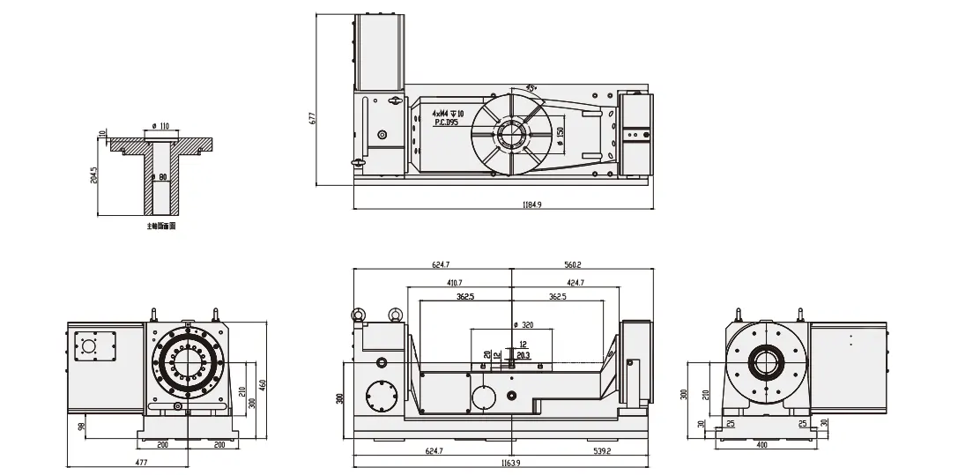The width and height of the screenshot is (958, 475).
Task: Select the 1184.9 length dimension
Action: pos(531,204)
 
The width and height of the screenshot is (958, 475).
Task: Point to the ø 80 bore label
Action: pos(160,177)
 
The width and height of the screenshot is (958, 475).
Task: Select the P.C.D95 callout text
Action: pos(446,122)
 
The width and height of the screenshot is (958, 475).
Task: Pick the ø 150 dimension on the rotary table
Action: pos(561,132)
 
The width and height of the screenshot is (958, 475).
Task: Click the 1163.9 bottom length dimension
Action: pos(504,463)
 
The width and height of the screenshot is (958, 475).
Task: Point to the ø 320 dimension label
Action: pos(522,324)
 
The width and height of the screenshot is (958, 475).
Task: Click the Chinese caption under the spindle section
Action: pos(161,226)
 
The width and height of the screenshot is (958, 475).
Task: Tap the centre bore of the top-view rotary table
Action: pos(512,134)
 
